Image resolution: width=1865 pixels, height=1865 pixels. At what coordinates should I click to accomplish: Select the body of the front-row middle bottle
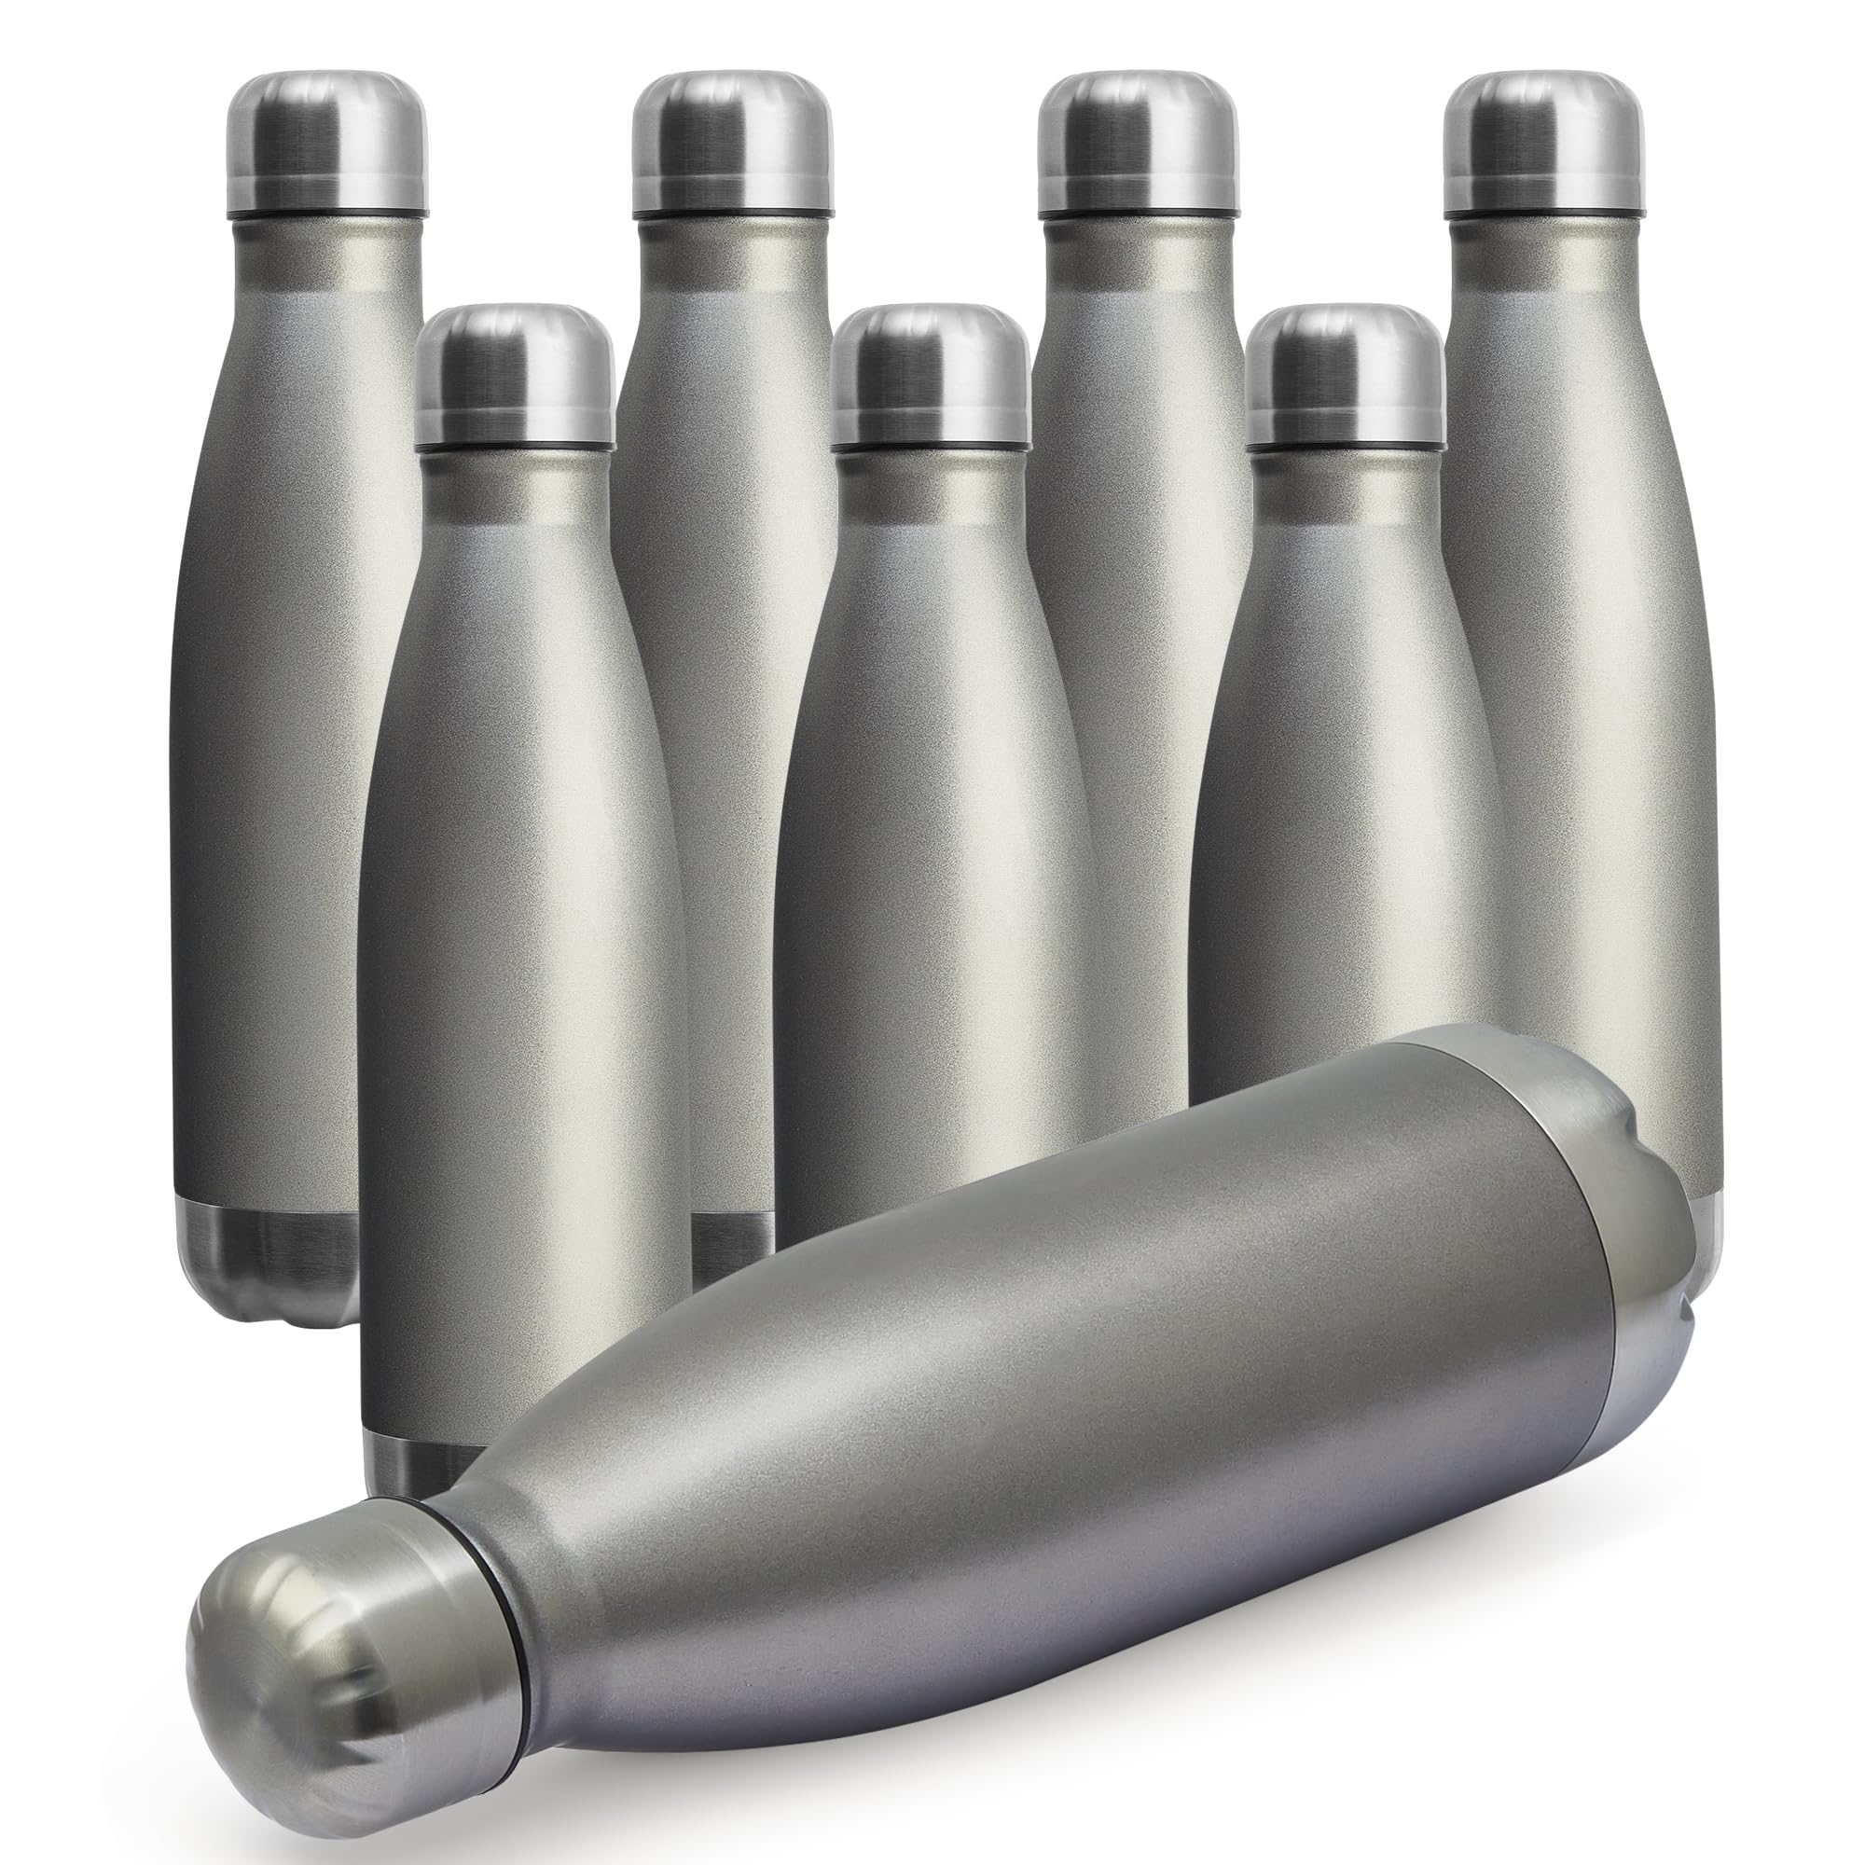click(927, 869)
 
